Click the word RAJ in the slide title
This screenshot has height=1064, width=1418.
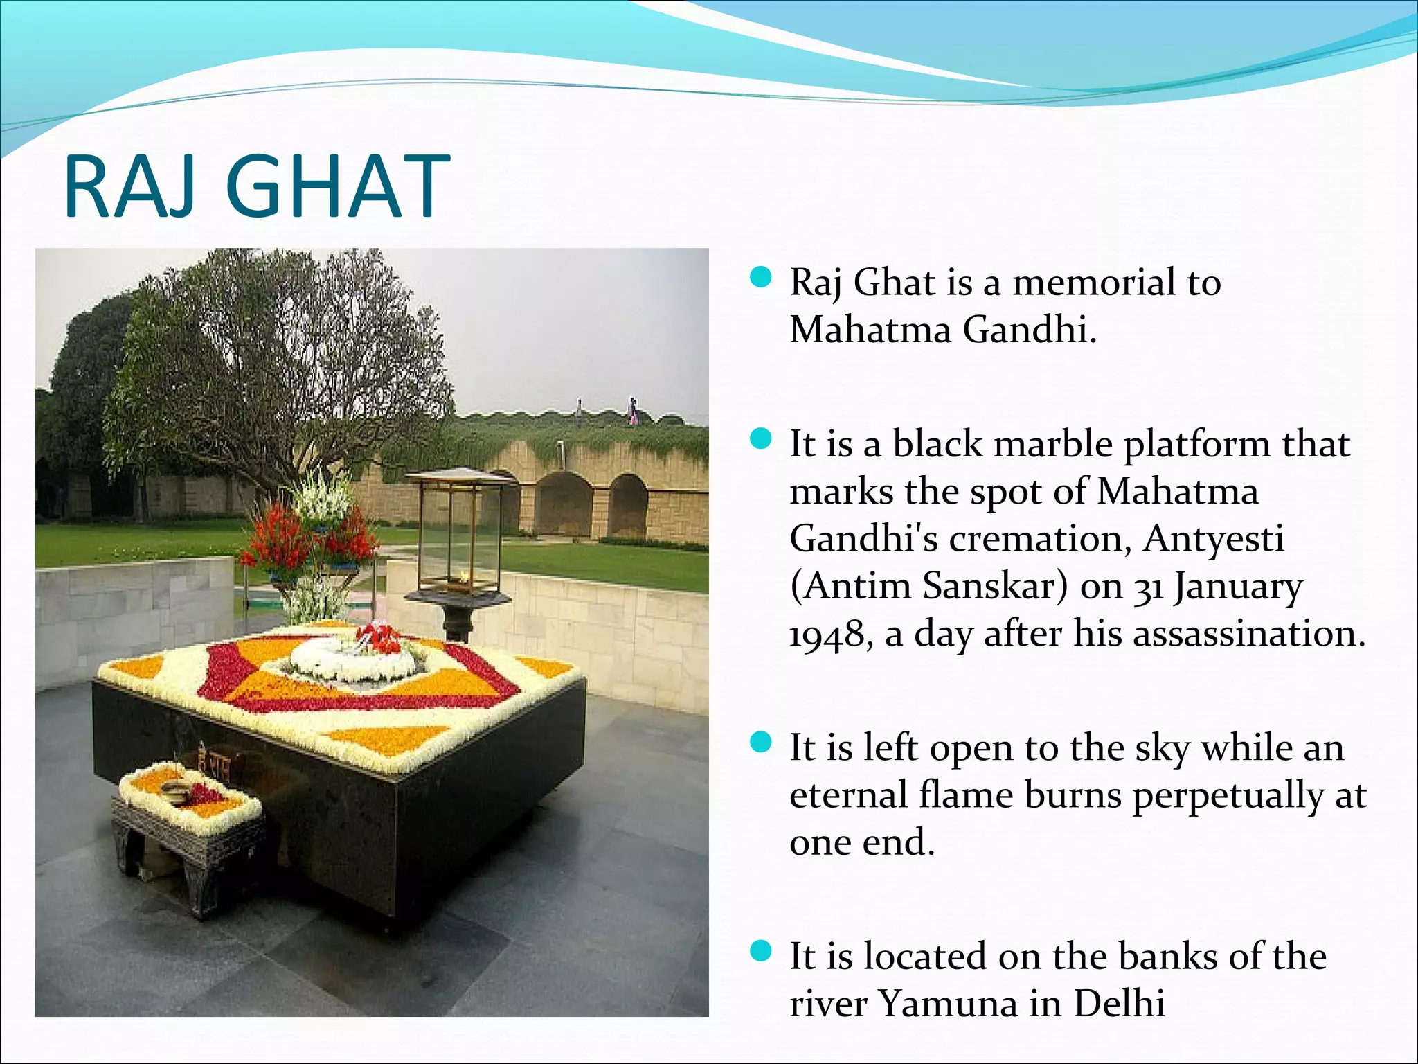(x=134, y=188)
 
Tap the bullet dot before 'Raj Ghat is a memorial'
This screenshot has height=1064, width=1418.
(x=760, y=278)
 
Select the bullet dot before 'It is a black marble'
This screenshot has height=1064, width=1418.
(x=760, y=439)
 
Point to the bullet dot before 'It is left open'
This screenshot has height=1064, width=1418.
(x=760, y=743)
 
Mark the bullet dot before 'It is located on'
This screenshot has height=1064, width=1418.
(x=760, y=951)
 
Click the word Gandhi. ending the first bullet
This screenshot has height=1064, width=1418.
(x=1030, y=329)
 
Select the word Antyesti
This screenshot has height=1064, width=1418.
(x=1214, y=539)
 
